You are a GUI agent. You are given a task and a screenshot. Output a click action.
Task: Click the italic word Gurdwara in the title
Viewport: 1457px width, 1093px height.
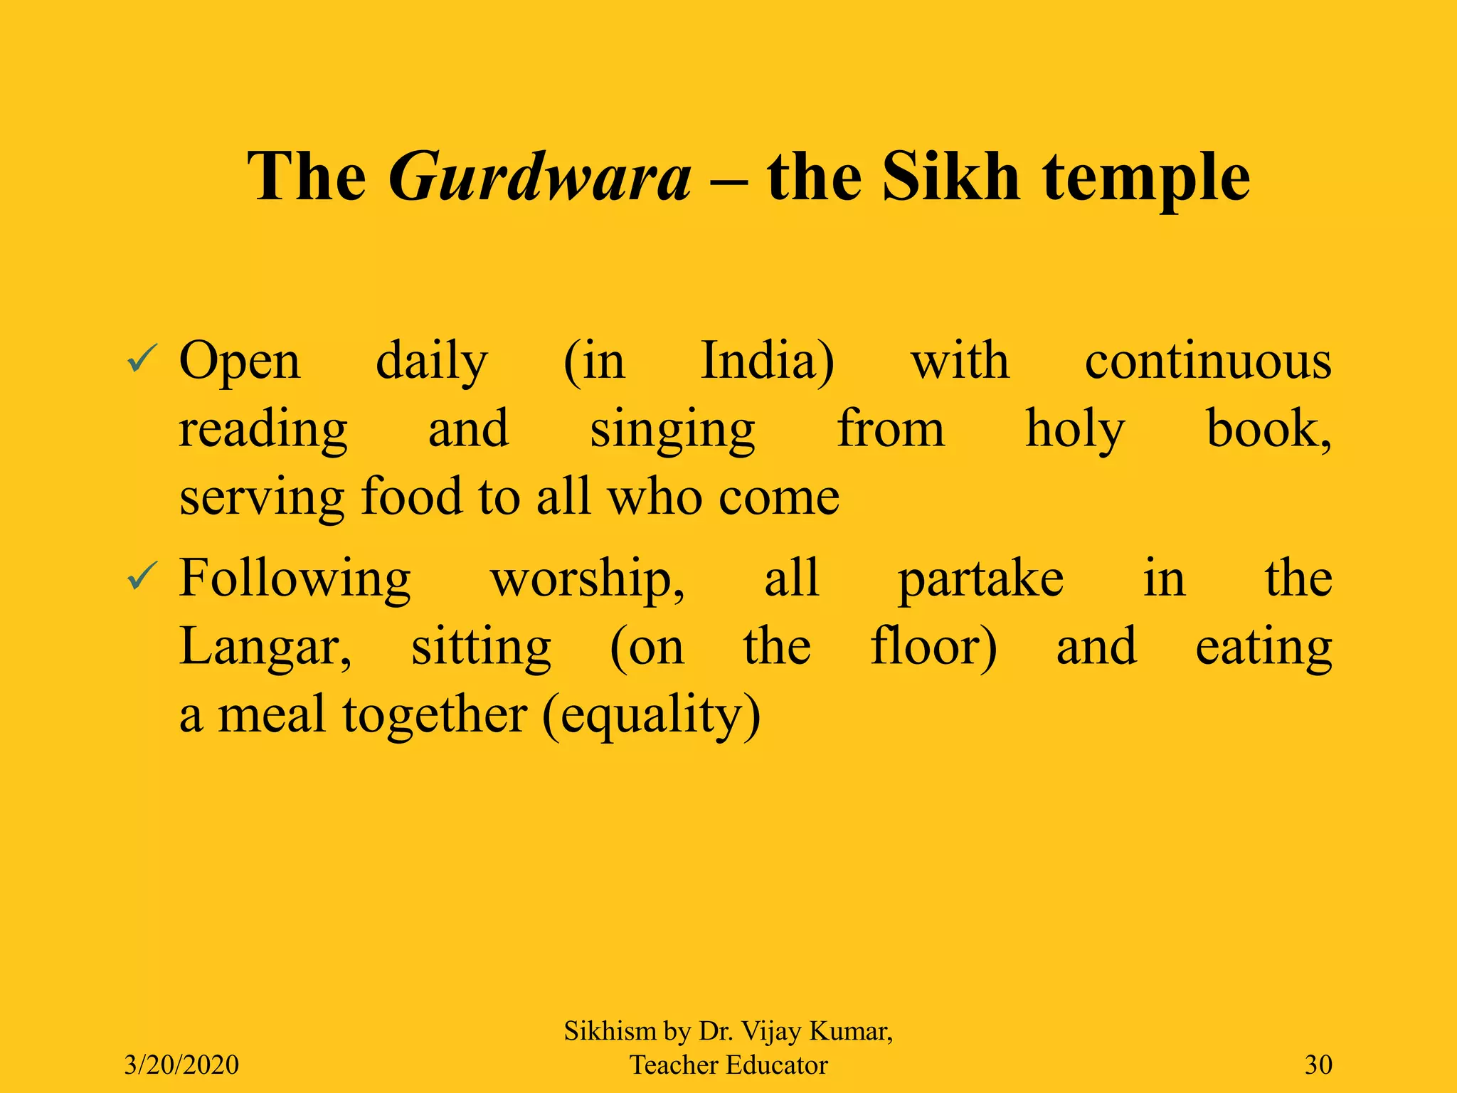point(539,177)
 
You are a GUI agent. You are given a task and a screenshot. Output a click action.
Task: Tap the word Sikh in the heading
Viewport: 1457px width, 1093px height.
point(951,177)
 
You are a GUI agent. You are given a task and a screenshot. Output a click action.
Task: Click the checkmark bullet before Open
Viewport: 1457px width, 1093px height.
point(142,361)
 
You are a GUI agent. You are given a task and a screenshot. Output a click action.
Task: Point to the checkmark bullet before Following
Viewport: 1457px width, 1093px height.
point(142,578)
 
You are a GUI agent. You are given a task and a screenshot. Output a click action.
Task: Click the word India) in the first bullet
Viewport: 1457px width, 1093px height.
point(768,361)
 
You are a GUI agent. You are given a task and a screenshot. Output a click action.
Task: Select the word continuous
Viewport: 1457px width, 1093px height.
point(1207,361)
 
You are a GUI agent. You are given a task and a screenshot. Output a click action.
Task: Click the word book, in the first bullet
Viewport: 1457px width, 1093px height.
point(1268,430)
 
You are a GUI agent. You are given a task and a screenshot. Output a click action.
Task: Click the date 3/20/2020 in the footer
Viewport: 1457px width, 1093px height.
point(181,1065)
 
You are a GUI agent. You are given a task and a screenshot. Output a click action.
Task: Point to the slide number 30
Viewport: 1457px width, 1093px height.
point(1318,1065)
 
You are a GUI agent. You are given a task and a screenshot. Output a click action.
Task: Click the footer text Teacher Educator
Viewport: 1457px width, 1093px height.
point(728,1065)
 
